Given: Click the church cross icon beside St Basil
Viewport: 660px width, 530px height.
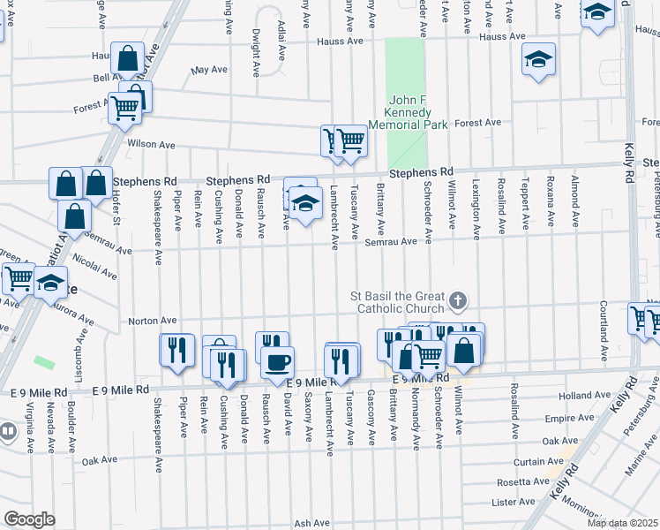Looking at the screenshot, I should (457, 301).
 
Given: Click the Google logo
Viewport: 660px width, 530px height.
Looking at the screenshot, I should (29, 519).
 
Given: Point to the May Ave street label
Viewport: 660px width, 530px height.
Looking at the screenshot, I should (209, 69).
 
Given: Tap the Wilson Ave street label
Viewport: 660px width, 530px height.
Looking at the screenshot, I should (151, 145).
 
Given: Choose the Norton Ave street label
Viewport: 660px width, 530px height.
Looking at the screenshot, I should (153, 321).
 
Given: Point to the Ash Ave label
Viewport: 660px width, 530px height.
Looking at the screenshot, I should (311, 523).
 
